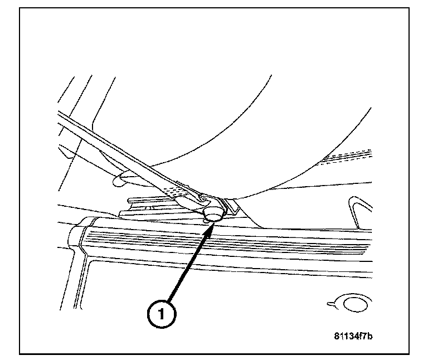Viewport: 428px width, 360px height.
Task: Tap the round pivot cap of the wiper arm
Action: (x=213, y=213)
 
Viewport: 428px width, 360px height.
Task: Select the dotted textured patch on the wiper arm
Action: (x=178, y=190)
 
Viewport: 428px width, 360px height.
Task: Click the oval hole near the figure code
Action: (x=354, y=304)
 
